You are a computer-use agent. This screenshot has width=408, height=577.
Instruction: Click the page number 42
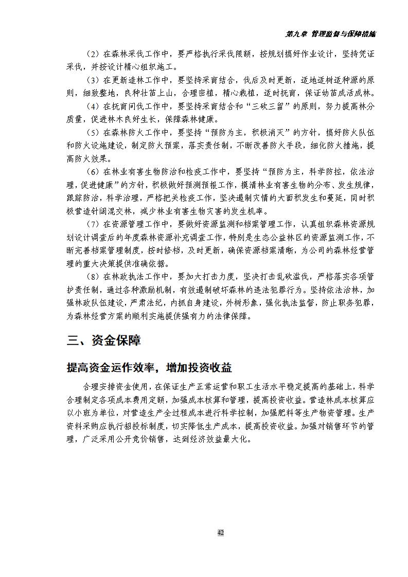[x=220, y=533]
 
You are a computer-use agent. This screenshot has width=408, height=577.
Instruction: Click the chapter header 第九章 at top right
[x=296, y=34]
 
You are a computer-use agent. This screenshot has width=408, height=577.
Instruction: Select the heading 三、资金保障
[x=104, y=340]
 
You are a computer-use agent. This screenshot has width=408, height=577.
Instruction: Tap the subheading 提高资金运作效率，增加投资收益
[x=149, y=368]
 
